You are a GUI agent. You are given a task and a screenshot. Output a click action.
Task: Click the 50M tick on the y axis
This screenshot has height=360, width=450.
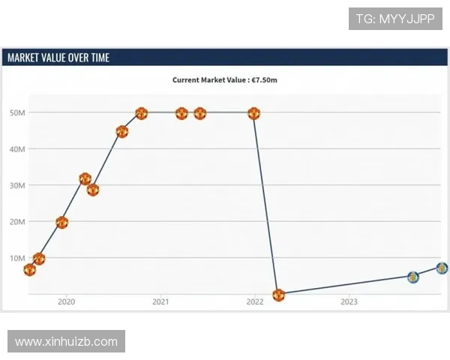(17, 113)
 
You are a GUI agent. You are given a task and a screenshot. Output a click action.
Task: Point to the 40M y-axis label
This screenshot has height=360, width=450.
(17, 149)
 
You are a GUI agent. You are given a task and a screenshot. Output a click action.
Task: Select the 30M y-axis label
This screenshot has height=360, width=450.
(17, 185)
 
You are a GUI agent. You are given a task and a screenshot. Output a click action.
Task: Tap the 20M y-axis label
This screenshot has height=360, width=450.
(17, 222)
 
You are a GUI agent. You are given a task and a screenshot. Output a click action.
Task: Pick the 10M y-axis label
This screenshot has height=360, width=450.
(17, 258)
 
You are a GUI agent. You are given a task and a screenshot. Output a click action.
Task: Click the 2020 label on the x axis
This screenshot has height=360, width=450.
(66, 302)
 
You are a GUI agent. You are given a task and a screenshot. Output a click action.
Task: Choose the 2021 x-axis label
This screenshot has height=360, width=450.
(160, 302)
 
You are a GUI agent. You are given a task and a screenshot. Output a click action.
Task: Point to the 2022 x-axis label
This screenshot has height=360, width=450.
(255, 302)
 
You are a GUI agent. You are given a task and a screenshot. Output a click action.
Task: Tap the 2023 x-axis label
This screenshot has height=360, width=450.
(349, 302)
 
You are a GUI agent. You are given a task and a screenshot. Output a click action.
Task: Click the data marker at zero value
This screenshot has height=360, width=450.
(279, 295)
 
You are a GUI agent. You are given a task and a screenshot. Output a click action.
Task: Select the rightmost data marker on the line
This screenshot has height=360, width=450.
(442, 268)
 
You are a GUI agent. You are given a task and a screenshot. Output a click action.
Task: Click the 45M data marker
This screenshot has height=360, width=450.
(122, 131)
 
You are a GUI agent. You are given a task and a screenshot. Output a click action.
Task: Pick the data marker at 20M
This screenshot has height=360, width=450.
(61, 222)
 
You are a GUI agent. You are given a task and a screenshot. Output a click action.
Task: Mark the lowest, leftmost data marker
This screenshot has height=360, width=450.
(29, 269)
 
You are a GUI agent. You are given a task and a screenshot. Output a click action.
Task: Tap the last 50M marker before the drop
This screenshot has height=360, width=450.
(253, 113)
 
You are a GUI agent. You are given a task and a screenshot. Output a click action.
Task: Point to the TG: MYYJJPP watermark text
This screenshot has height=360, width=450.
(395, 19)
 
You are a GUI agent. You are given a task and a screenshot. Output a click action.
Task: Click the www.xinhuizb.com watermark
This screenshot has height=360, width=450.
(66, 341)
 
